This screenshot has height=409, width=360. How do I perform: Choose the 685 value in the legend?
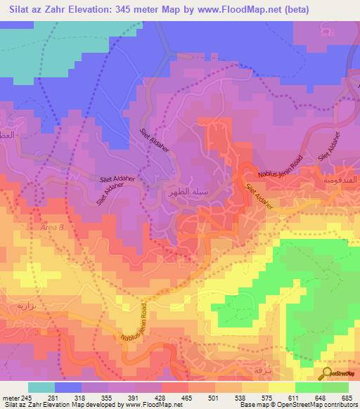coord(346,396)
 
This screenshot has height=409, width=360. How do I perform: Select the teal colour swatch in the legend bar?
coord(41,387)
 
